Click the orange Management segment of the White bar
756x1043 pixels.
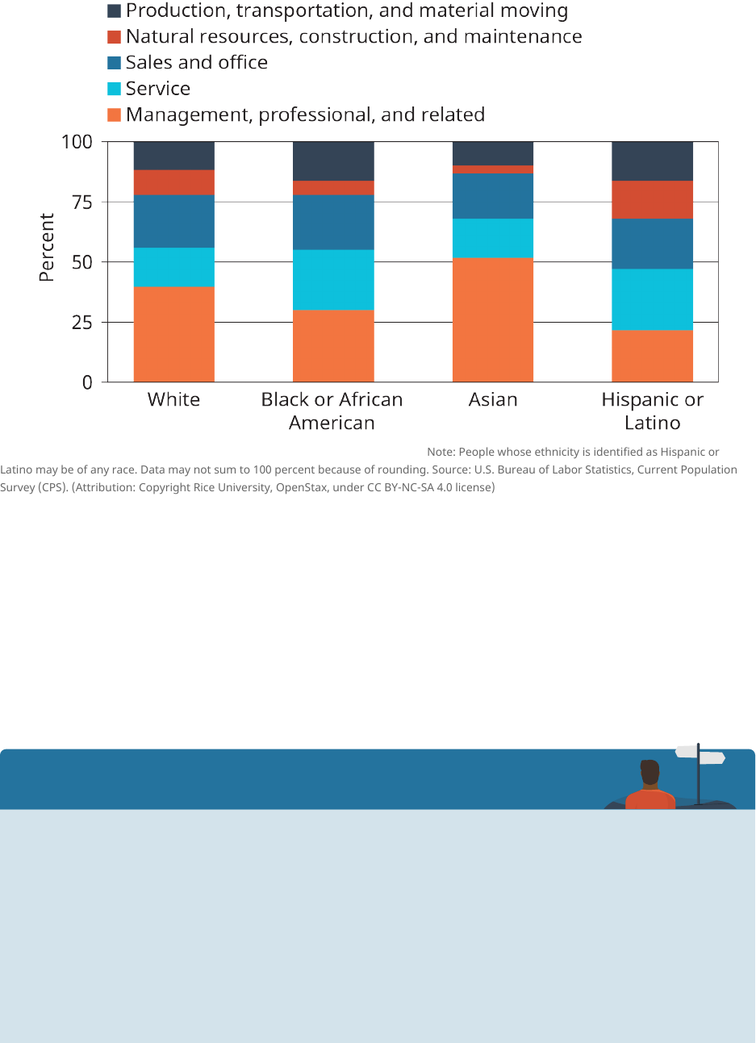click(173, 334)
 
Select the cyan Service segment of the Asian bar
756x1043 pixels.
click(492, 238)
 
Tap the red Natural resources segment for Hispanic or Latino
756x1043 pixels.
click(652, 199)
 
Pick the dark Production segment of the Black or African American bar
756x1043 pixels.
click(333, 161)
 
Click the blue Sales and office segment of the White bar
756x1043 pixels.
click(173, 221)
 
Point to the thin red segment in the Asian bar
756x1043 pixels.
click(492, 169)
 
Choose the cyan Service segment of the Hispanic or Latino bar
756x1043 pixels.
click(652, 299)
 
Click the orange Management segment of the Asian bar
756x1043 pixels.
click(492, 319)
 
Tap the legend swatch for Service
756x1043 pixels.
click(115, 89)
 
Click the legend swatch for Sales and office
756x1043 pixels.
click(115, 63)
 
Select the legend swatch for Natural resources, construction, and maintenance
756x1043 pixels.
click(115, 37)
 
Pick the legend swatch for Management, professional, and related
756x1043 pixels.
click(115, 115)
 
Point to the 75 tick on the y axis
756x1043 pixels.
click(77, 202)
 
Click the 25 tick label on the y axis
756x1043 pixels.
click(77, 323)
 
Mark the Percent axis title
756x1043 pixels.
click(47, 248)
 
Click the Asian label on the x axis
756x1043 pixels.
click(493, 400)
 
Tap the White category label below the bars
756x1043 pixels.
click(173, 400)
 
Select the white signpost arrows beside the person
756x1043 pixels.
click(700, 755)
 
